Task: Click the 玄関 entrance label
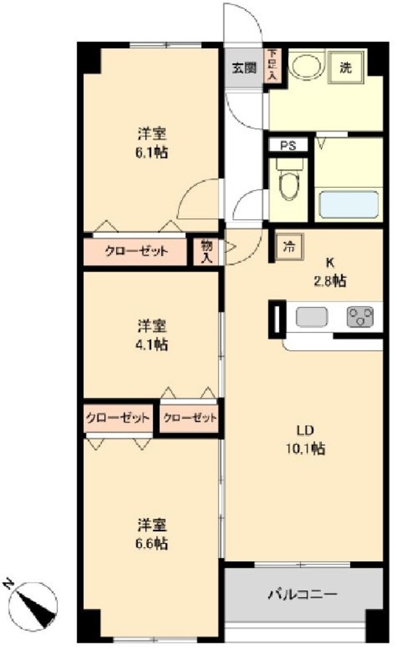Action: tap(243, 67)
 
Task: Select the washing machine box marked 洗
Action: tap(345, 67)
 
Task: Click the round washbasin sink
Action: tap(304, 66)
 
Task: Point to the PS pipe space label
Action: tap(288, 145)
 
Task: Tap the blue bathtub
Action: tap(349, 204)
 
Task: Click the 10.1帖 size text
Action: tap(305, 449)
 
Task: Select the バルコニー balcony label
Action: tap(302, 594)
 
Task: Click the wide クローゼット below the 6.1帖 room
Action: tap(136, 251)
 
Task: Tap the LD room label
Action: tap(304, 431)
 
